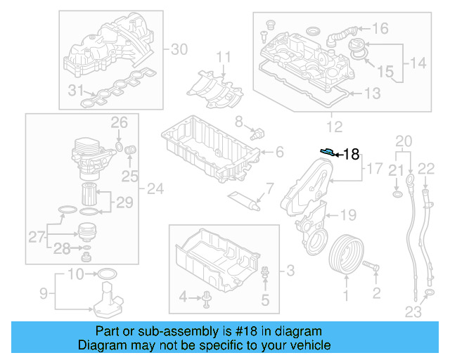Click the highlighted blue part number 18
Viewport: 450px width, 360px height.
coord(327,151)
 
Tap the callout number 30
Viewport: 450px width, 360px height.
coord(179,49)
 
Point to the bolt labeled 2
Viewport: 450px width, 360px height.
coord(372,268)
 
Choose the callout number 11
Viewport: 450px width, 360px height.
coord(223,56)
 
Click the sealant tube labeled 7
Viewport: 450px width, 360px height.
coord(245,200)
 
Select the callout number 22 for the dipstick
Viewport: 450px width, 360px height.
coord(426,167)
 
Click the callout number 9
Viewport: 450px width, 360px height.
coord(42,292)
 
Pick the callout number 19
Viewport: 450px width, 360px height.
coord(349,214)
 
